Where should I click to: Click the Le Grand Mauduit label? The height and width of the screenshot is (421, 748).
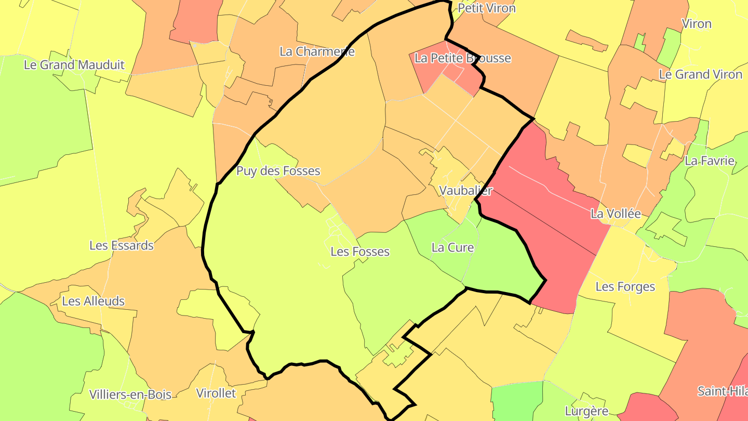click(x=74, y=65)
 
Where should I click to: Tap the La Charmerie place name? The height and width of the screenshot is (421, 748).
click(x=317, y=51)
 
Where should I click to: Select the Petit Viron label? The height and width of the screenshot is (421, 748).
click(x=486, y=8)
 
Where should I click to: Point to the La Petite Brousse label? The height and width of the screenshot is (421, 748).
click(x=462, y=58)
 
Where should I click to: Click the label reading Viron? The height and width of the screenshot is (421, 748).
click(x=697, y=24)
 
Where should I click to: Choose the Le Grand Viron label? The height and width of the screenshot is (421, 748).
click(x=700, y=74)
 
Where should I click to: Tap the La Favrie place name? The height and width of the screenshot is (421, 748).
click(x=710, y=161)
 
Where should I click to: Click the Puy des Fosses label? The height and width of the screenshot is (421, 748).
click(x=278, y=171)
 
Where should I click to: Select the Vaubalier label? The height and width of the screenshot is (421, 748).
click(x=465, y=190)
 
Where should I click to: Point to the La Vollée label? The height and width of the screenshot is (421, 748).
click(x=616, y=214)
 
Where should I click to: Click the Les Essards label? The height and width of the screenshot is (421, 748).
click(x=122, y=245)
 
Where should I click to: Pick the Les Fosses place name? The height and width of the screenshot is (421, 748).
click(x=360, y=252)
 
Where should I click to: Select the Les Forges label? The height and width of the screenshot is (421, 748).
click(x=625, y=287)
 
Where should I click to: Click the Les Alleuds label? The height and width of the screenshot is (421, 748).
click(x=94, y=301)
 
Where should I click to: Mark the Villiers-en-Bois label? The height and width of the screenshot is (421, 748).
click(x=130, y=394)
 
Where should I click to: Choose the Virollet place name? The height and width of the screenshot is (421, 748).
click(x=216, y=393)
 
